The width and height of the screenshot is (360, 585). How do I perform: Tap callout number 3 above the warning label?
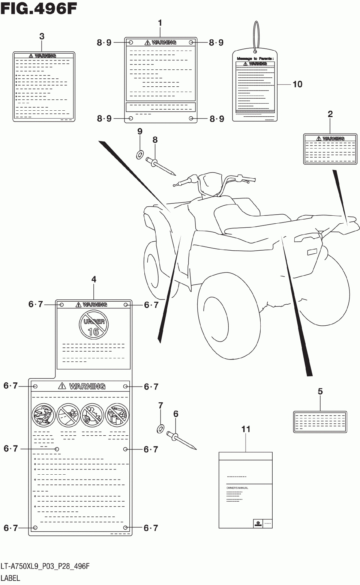coord(42,36)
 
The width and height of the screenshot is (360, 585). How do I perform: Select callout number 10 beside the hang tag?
coord(297,84)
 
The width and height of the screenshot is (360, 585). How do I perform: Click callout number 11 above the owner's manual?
coord(246,429)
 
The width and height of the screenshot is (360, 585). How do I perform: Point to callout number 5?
coord(320,391)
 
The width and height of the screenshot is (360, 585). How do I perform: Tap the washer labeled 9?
coord(140,154)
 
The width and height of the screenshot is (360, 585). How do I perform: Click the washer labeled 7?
coord(160,428)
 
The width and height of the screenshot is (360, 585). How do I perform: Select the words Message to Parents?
coord(255,59)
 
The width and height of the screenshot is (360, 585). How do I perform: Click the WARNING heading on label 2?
coord(330,138)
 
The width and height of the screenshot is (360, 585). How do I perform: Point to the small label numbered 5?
coord(320,422)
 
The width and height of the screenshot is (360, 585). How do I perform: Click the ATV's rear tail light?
coord(312,252)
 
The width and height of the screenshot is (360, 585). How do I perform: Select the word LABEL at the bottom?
coord(10,578)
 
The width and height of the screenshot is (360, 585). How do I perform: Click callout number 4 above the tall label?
coord(94,279)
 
